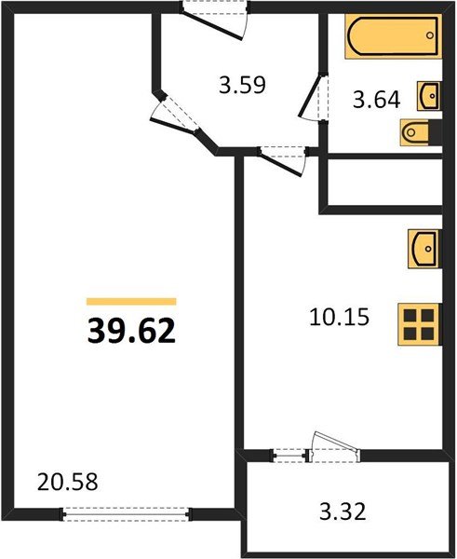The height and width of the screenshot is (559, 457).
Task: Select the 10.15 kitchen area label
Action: [x=339, y=317]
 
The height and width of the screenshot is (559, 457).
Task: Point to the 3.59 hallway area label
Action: [x=243, y=87]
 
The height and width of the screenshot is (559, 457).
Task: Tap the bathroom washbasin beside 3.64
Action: [x=429, y=95]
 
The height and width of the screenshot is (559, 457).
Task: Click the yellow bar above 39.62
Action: [x=131, y=301]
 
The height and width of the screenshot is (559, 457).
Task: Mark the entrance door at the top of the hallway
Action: [x=215, y=17]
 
